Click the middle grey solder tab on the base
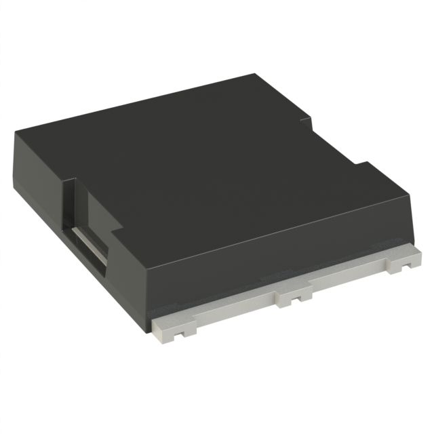pyautogui.click(x=294, y=294)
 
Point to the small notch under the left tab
pyautogui.click(x=178, y=334)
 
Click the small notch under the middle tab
pyautogui.click(x=296, y=298)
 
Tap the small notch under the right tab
pyautogui.click(x=406, y=266)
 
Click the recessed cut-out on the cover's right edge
pyautogui.click(x=332, y=146)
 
